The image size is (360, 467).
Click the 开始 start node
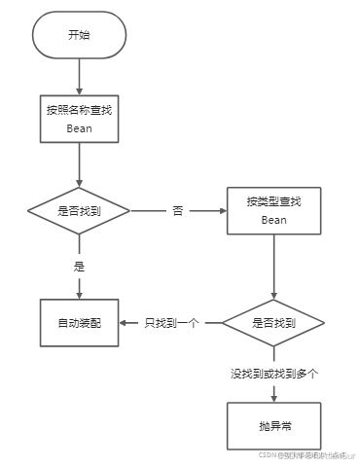point(79,35)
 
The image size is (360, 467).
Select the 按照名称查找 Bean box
point(79,119)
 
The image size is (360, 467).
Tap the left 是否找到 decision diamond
point(79,210)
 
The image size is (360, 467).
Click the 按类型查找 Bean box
point(274,210)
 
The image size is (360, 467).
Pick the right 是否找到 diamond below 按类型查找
point(274,322)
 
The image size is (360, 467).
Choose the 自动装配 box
point(79,322)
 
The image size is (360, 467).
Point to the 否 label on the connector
point(177,210)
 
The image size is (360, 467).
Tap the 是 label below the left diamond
point(79,264)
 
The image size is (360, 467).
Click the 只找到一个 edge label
point(171,322)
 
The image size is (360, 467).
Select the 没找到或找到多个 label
point(274,373)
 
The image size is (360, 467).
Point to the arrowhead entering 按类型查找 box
point(222,210)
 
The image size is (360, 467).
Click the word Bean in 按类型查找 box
point(274,220)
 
